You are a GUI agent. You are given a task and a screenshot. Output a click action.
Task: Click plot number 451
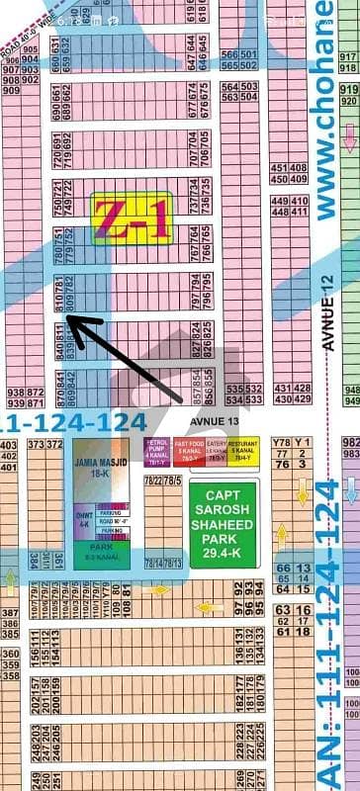point(273,167)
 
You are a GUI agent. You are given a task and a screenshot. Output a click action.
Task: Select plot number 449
point(274,201)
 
